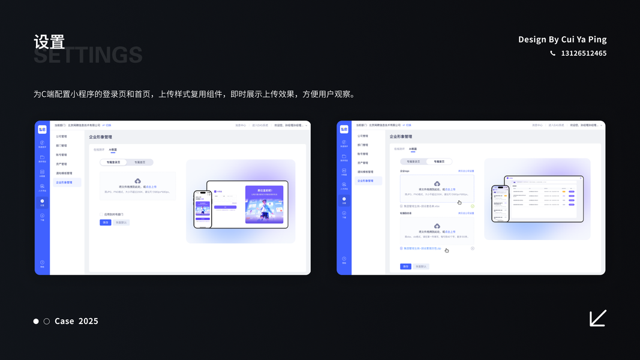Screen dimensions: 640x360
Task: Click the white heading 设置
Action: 49,42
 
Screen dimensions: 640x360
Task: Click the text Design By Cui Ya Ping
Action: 562,40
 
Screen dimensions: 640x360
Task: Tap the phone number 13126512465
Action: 584,53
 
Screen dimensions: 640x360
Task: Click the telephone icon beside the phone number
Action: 552,53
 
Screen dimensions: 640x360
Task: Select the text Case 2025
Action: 76,321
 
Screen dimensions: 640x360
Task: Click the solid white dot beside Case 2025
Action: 36,322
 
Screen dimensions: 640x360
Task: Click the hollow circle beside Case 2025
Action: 47,322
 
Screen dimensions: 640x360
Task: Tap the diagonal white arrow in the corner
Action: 597,318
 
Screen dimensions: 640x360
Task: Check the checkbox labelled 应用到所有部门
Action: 101,214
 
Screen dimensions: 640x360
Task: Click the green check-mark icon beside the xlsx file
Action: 473,206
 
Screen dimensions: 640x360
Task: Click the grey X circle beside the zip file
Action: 473,248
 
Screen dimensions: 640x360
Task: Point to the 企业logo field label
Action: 405,171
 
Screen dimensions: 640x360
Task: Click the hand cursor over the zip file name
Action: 447,250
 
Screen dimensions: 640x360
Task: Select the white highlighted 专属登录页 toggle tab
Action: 113,162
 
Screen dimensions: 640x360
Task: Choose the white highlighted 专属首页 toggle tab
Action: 439,161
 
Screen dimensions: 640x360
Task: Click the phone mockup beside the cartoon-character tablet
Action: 203,209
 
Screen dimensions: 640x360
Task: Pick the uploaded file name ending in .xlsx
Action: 422,206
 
